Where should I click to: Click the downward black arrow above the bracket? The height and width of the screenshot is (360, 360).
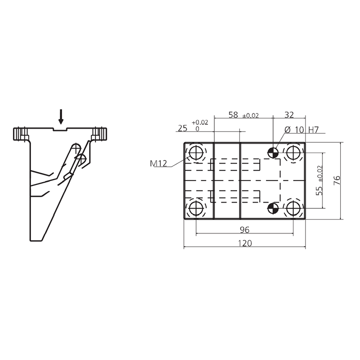click(x=61, y=117)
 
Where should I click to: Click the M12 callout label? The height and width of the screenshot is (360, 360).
click(x=158, y=163)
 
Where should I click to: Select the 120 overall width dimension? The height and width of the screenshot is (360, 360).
click(x=245, y=243)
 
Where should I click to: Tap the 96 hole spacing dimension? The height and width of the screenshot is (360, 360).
click(x=244, y=229)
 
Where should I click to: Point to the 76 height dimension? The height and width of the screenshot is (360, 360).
click(x=337, y=181)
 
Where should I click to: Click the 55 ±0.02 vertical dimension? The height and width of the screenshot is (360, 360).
click(x=319, y=180)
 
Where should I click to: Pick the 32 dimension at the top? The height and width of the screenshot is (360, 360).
click(x=289, y=115)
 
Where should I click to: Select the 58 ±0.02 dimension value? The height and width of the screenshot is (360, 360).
click(x=243, y=115)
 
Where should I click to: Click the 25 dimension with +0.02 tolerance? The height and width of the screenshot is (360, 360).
click(x=193, y=126)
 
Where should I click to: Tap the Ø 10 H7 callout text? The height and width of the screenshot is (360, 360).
click(x=301, y=130)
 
